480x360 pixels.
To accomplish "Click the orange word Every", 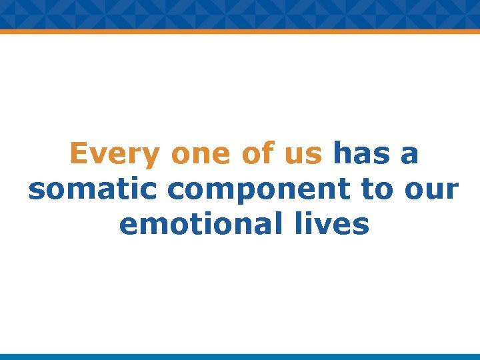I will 115,154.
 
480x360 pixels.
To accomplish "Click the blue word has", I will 362,154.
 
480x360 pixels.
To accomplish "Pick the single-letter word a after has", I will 409,155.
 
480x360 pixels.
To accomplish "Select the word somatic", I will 93,189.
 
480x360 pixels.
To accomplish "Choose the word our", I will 433,190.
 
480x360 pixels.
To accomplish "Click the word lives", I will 333,225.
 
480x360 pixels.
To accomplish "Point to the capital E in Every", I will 79,154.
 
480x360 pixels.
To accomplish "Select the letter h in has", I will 341,154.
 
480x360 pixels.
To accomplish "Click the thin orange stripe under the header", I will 240,31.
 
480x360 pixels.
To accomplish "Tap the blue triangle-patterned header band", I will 240,13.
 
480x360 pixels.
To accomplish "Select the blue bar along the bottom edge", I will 240,357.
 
